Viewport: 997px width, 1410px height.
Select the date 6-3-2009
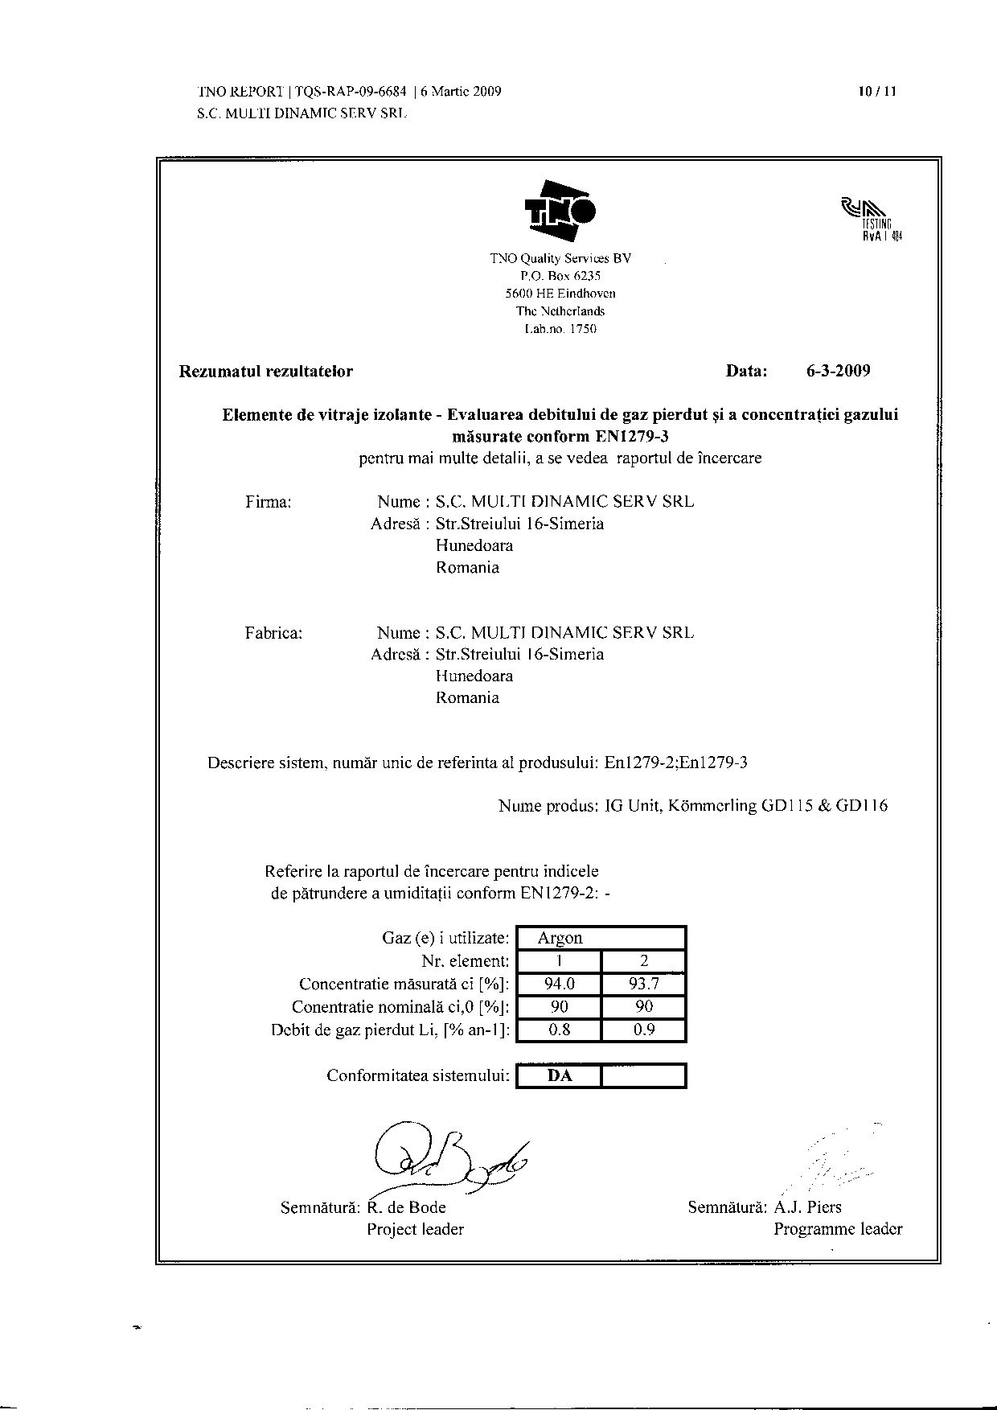[x=838, y=371]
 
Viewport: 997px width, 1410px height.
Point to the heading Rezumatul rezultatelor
[x=266, y=371]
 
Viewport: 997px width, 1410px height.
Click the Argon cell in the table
[x=560, y=938]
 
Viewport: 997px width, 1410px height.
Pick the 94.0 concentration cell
[x=559, y=984]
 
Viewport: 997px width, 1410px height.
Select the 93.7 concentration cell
[x=644, y=984]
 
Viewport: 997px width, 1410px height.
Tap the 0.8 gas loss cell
[x=559, y=1030]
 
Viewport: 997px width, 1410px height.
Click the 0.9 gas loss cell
[x=644, y=1030]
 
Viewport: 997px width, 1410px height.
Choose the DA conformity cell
[x=559, y=1075]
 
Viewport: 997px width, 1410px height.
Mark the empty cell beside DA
[x=644, y=1075]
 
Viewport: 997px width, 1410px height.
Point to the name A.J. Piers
[x=807, y=1207]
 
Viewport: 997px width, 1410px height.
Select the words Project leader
[x=415, y=1229]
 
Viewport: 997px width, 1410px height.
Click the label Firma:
[x=268, y=502]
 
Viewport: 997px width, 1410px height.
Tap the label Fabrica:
[x=273, y=633]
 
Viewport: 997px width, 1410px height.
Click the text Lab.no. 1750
[x=560, y=329]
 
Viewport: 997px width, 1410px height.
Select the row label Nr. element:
[x=465, y=961]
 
